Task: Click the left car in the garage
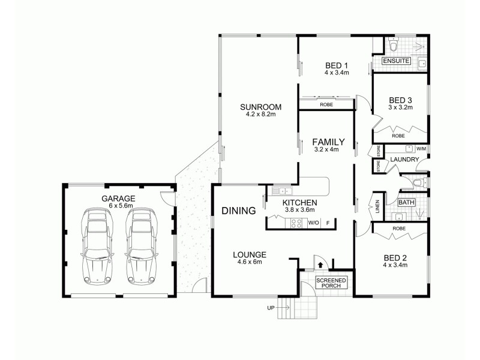click(97, 246)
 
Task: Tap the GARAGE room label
click(118, 198)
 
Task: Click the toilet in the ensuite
click(393, 46)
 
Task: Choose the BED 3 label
click(400, 100)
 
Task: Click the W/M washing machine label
click(421, 149)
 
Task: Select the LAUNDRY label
click(403, 160)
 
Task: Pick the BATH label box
click(406, 203)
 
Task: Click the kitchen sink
click(279, 191)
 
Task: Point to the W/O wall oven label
click(313, 224)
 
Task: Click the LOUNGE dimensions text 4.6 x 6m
click(250, 262)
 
